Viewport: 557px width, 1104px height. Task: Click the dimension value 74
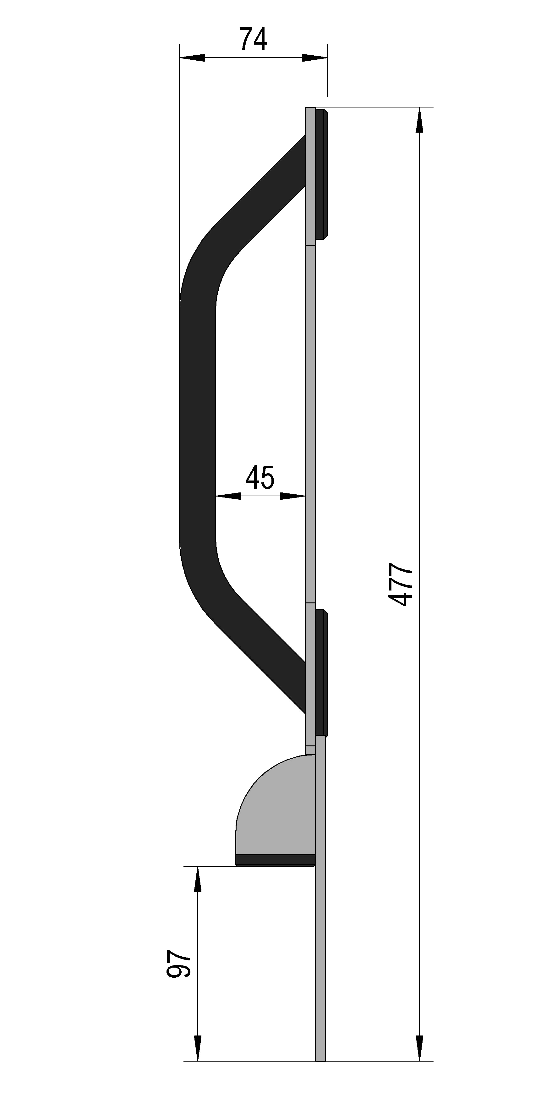(253, 39)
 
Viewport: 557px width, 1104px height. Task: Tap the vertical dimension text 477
(400, 585)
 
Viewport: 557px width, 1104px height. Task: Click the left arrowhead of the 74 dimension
(192, 58)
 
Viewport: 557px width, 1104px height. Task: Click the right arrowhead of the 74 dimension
(314, 58)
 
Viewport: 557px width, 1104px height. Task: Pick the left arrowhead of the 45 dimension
(228, 496)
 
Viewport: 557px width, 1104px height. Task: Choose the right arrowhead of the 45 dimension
(293, 496)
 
